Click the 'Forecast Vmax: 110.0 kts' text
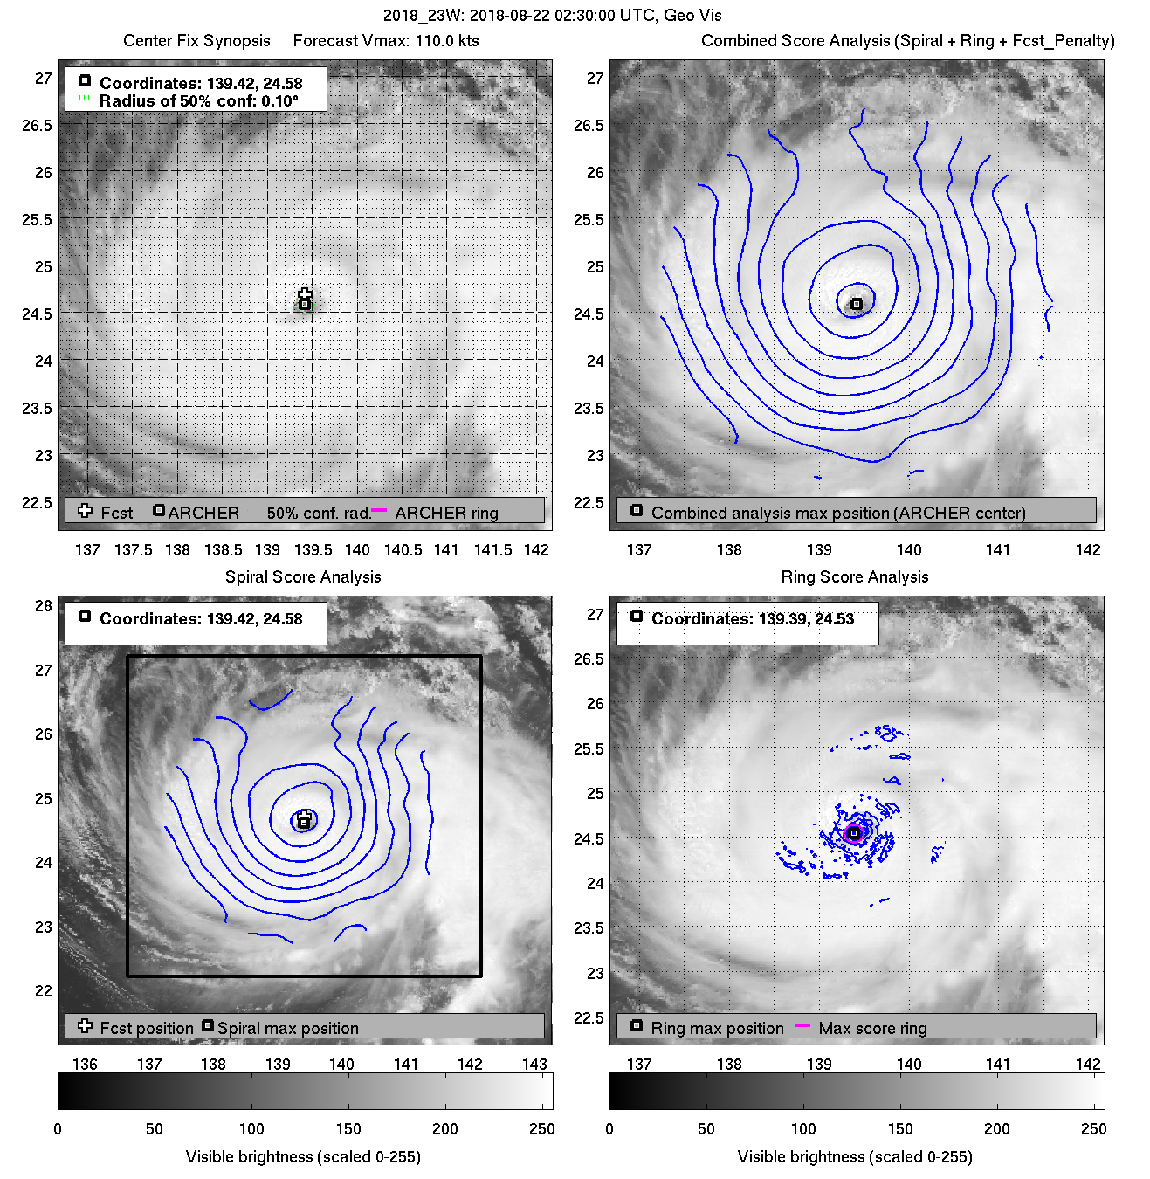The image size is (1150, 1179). point(386,41)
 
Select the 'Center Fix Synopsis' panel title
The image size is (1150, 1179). point(196,41)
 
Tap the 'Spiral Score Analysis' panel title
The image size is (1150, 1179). point(303,577)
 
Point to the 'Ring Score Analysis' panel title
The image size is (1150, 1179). point(854,577)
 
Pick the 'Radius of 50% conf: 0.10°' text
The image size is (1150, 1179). point(198,101)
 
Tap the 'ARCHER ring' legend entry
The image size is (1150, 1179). point(446,514)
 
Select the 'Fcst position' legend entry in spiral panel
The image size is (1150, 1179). point(146,1029)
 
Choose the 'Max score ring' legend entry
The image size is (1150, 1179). point(872,1029)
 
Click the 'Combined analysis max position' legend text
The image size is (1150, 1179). point(837,514)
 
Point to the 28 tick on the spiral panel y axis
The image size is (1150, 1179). point(43,606)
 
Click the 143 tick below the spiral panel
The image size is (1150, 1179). point(534,1065)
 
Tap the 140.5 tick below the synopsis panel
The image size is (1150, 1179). point(403,550)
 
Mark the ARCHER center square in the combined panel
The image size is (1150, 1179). point(857,304)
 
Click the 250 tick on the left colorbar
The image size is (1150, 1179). point(541,1129)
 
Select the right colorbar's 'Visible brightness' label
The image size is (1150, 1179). point(854,1157)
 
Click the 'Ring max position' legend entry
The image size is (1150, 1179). point(717,1029)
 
